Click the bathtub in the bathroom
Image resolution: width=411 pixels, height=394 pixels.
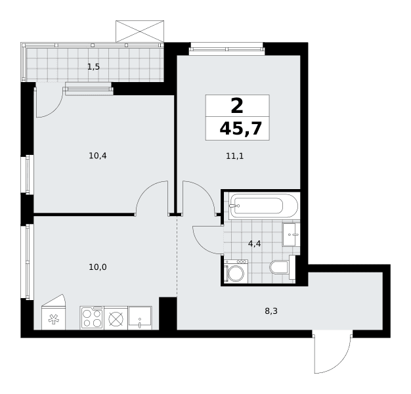[x=263, y=206]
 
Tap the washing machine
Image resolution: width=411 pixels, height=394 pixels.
[x=236, y=271]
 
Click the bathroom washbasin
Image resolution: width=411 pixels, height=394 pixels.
[x=291, y=234]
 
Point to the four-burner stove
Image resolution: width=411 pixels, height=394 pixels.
[x=92, y=317]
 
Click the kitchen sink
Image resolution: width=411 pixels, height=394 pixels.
[x=140, y=317]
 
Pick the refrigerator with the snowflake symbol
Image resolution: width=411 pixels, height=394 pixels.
[x=53, y=312]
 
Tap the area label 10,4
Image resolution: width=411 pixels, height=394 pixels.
[x=98, y=156]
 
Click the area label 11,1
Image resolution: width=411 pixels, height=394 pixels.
[x=235, y=156]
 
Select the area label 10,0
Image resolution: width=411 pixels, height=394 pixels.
[x=98, y=267]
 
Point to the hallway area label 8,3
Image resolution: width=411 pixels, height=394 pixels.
[x=271, y=311]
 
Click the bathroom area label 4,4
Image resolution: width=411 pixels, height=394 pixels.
[x=255, y=244]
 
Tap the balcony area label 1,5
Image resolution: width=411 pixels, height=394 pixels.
[x=94, y=67]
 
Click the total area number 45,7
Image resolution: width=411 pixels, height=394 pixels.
[x=240, y=129]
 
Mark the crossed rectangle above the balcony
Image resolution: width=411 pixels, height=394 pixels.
[x=140, y=32]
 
